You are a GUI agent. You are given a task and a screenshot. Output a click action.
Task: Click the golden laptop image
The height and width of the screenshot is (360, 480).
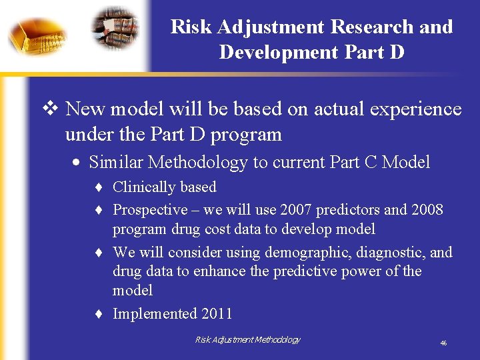tap(37, 35)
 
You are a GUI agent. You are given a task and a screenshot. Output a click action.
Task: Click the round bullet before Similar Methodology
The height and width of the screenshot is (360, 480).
tap(79, 163)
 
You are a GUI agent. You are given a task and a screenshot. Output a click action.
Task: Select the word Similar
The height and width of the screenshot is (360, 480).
tap(116, 162)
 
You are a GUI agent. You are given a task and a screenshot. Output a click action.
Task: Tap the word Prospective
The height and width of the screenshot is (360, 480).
tap(150, 209)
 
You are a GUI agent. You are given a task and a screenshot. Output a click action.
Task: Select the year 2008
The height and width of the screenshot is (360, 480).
tap(427, 209)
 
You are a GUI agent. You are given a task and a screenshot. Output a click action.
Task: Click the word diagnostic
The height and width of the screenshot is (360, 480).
tap(388, 252)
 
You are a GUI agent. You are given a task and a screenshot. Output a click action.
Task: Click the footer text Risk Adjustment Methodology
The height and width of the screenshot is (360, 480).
tap(247, 340)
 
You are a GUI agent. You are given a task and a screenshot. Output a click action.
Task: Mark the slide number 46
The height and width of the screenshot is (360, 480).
tap(443, 343)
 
